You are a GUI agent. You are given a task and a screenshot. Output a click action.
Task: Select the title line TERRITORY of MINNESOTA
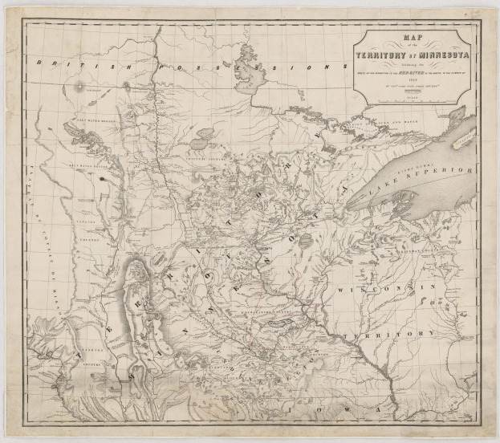pyautogui.click(x=416, y=55)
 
